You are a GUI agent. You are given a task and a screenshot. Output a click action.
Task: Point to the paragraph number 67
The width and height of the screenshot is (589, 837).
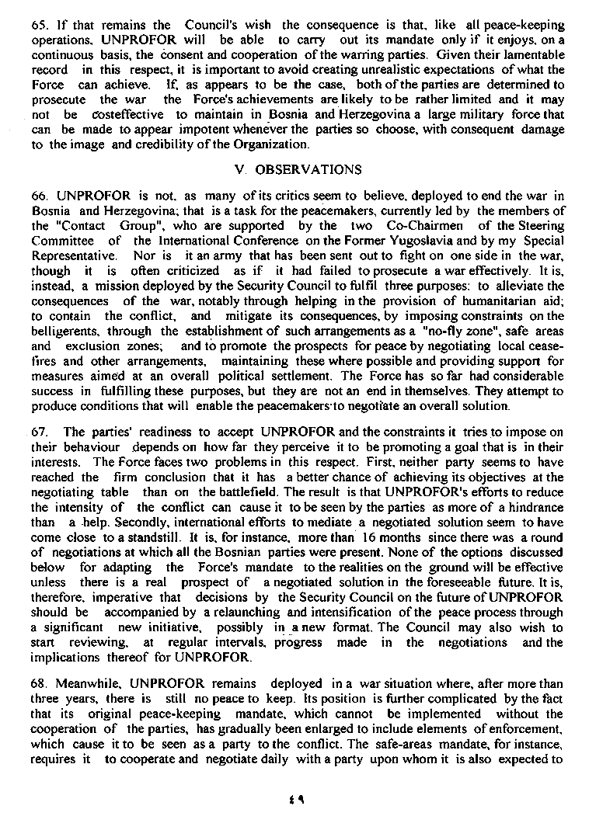[37, 432]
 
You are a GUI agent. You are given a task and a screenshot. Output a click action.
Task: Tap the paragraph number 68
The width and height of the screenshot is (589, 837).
[38, 683]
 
